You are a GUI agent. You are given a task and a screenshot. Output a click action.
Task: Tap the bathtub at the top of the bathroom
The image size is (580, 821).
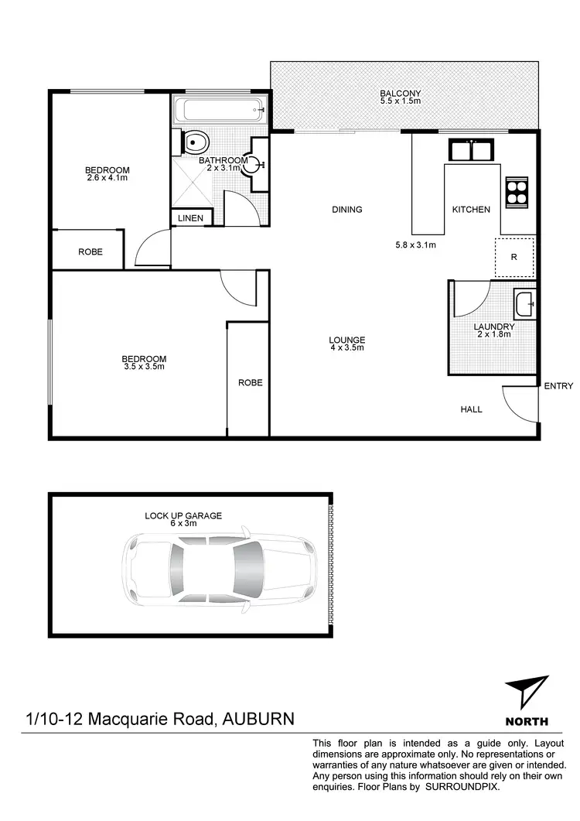click(x=220, y=109)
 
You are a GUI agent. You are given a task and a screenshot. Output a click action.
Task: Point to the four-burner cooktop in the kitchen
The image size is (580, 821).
click(x=515, y=192)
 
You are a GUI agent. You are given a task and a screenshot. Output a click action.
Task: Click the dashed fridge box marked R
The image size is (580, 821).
click(x=514, y=257)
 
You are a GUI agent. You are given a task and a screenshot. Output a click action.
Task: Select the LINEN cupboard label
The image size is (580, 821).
click(x=190, y=219)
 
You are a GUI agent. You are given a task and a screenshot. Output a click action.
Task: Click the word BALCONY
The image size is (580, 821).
click(x=400, y=95)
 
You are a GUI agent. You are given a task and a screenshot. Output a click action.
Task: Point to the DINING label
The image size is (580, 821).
click(x=347, y=210)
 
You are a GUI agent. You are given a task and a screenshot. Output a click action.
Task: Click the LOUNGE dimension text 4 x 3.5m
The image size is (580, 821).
click(x=346, y=347)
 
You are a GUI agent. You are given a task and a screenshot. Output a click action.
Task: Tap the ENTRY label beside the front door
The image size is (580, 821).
click(x=558, y=385)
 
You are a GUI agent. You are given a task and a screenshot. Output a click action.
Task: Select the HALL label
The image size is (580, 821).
click(x=471, y=409)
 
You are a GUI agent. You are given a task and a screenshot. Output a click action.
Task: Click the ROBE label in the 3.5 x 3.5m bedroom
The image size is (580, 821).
click(x=250, y=382)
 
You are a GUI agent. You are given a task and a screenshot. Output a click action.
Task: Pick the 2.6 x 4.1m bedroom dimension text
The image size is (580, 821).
click(x=107, y=177)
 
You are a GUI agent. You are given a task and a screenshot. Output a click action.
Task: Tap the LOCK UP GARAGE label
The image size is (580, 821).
click(x=183, y=515)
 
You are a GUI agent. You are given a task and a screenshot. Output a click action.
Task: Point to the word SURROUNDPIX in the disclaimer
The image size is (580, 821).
click(x=461, y=787)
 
